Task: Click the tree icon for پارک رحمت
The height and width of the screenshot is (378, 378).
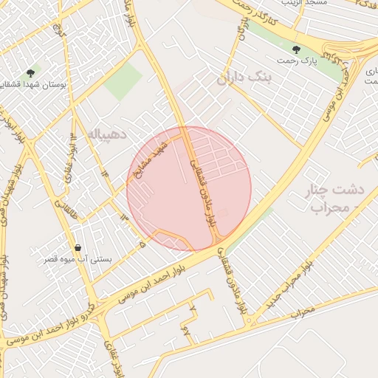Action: [296, 49]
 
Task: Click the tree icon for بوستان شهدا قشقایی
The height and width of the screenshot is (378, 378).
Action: [30, 73]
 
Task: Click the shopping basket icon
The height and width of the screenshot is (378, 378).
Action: [78, 247]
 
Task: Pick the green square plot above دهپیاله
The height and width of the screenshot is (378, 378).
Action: [122, 81]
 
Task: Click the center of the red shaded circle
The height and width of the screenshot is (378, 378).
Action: [189, 189]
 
